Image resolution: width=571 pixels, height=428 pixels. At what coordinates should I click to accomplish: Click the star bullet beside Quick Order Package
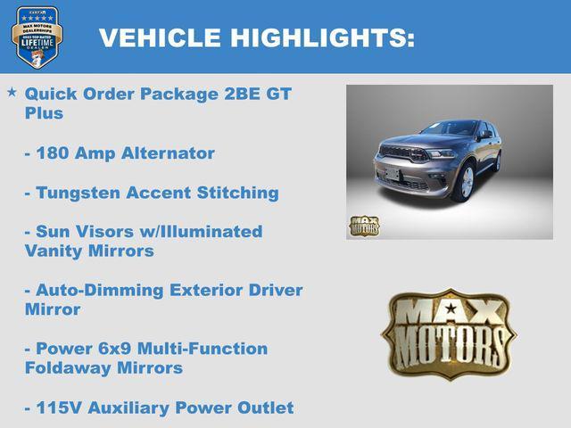[12, 92]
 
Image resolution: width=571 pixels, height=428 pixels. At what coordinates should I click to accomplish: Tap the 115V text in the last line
[58, 407]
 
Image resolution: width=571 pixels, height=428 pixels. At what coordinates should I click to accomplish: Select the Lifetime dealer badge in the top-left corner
[37, 37]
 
